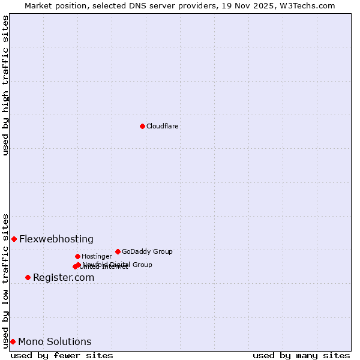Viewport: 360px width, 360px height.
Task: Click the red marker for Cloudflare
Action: click(142, 126)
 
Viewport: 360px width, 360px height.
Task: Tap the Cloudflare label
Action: click(162, 126)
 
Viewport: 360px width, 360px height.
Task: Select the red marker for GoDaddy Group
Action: click(118, 251)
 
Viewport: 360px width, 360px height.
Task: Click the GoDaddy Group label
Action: click(147, 251)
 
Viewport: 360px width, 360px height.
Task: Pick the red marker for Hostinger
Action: click(77, 256)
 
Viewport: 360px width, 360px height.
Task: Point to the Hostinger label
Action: click(97, 256)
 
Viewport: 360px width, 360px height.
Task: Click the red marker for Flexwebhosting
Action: click(14, 239)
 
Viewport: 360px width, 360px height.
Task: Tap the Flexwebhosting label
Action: click(56, 239)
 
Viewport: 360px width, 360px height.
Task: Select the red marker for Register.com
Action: click(28, 277)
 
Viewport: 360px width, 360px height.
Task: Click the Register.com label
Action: click(64, 277)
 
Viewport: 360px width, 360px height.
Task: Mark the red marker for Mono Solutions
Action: click(13, 341)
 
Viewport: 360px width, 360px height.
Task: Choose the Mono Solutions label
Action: click(55, 341)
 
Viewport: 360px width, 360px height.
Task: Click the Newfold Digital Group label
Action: click(118, 264)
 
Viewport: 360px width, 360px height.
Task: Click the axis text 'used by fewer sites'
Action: click(62, 355)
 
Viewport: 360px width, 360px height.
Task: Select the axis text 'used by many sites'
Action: click(301, 355)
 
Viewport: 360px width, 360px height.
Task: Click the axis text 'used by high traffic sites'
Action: click(5, 85)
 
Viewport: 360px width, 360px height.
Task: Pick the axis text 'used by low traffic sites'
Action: click(5, 280)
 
